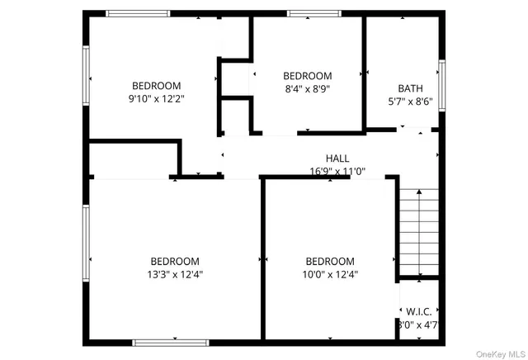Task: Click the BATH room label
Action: pyautogui.click(x=409, y=88)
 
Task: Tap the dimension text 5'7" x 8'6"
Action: pyautogui.click(x=409, y=102)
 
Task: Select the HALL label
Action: pyautogui.click(x=337, y=159)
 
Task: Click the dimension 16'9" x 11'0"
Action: pyautogui.click(x=337, y=172)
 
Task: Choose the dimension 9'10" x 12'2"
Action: pyautogui.click(x=157, y=99)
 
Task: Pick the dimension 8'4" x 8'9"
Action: pyautogui.click(x=307, y=89)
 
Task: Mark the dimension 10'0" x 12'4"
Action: pyautogui.click(x=329, y=275)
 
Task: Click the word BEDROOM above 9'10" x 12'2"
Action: pyautogui.click(x=157, y=86)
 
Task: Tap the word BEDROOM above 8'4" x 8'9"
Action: pyautogui.click(x=307, y=76)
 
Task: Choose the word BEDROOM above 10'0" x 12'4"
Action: pyautogui.click(x=329, y=262)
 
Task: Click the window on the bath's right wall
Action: pyautogui.click(x=442, y=85)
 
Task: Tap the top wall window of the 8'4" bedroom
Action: pyautogui.click(x=309, y=13)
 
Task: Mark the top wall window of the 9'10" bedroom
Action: pyautogui.click(x=139, y=13)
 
